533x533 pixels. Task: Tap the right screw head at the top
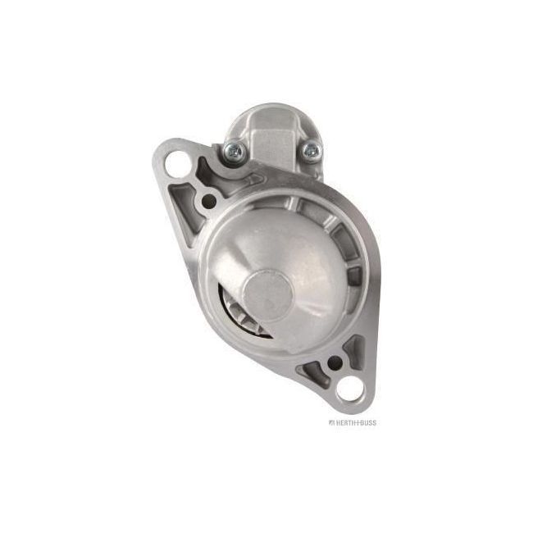tap(310, 150)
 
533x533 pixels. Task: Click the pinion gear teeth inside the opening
tap(235, 315)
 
